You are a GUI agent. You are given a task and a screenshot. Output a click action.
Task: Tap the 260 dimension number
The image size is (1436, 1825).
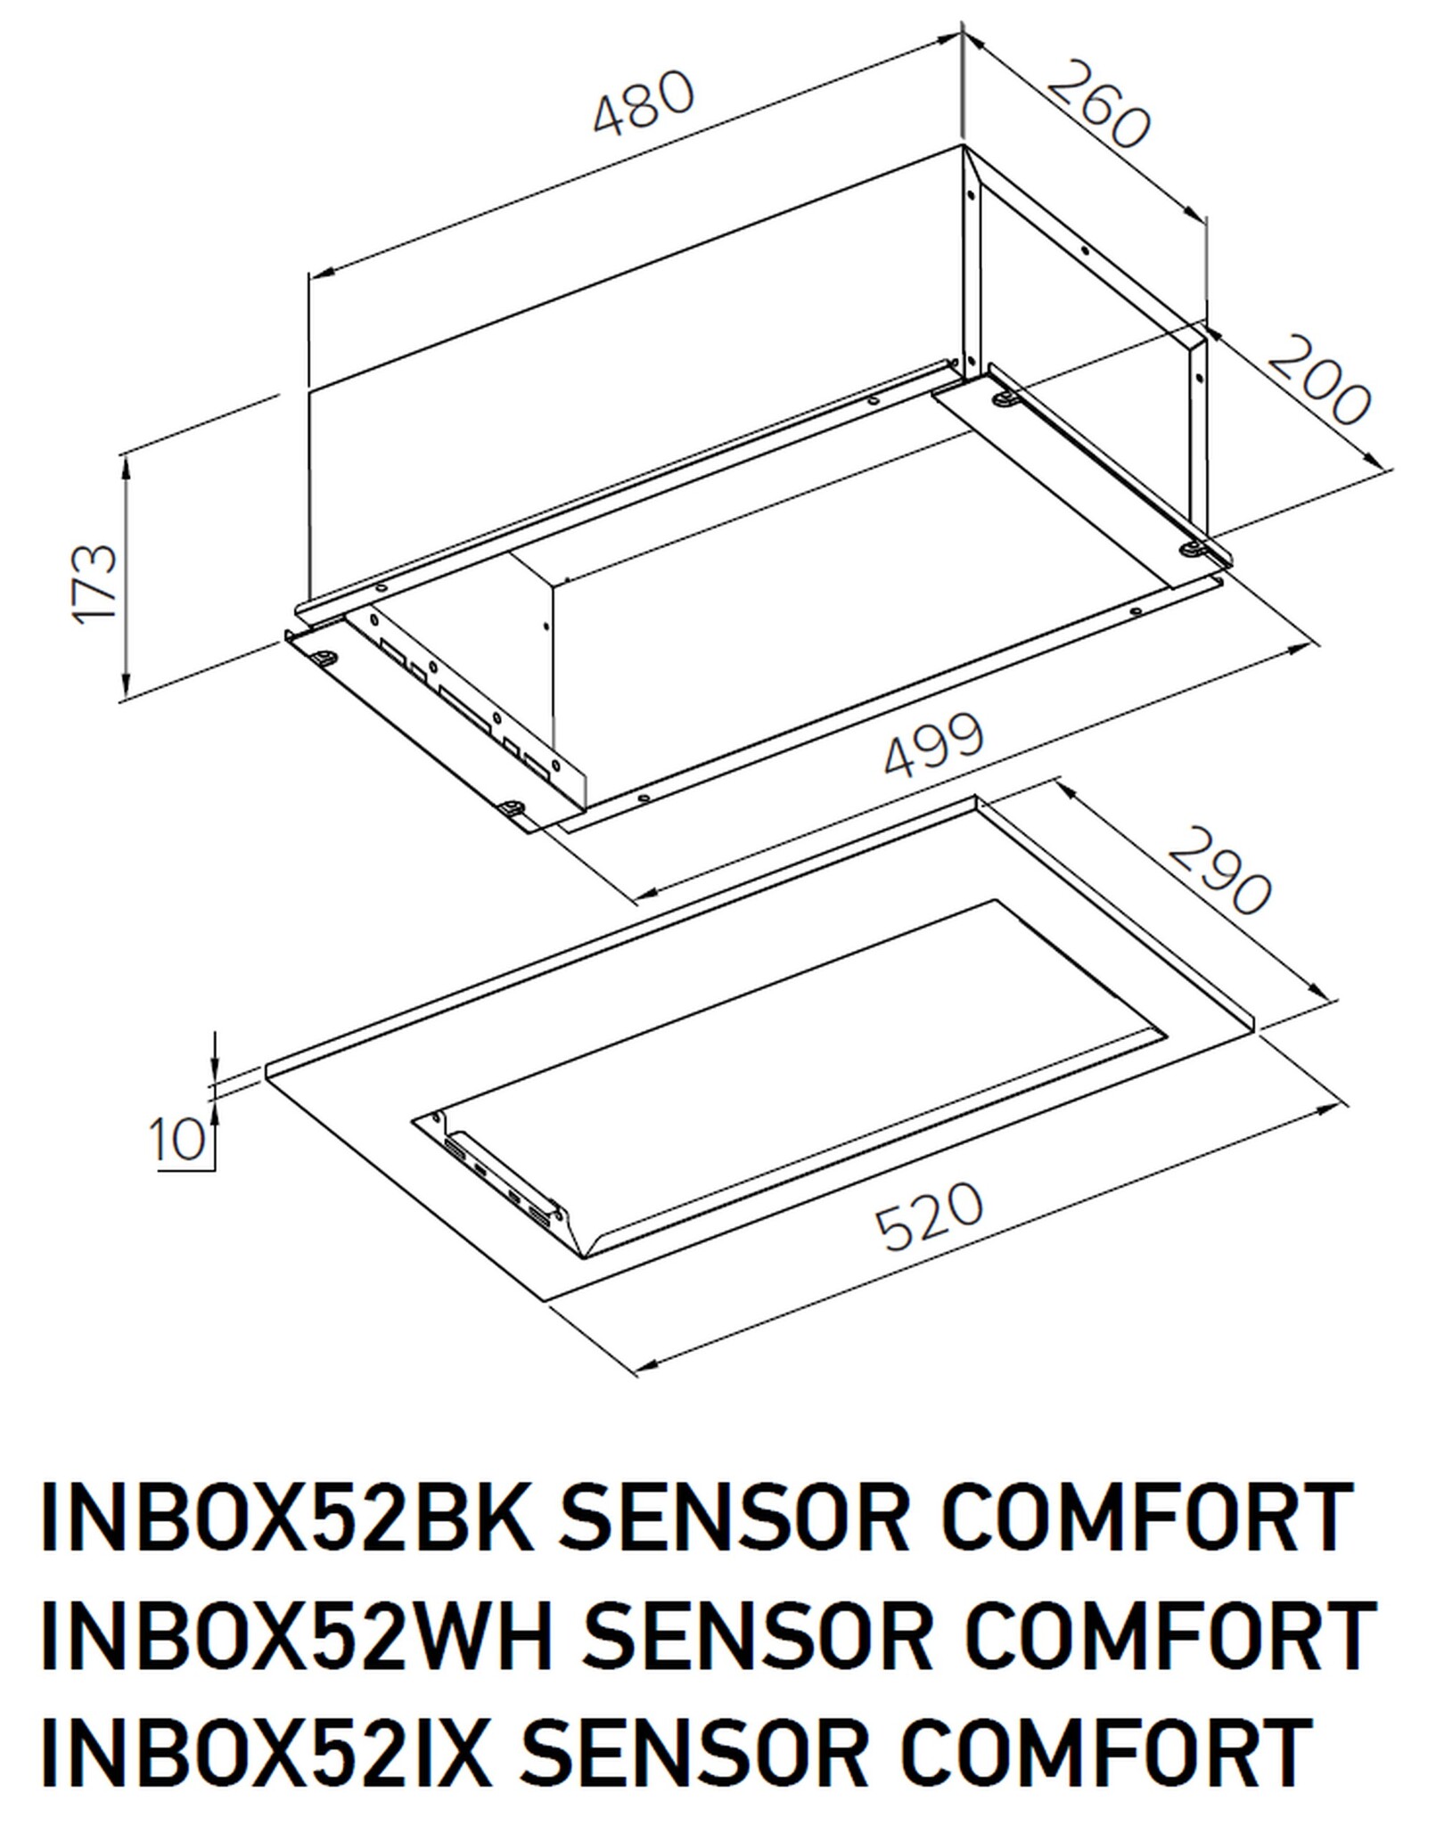point(1098,104)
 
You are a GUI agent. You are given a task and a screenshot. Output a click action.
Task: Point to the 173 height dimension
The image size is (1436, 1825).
point(95,583)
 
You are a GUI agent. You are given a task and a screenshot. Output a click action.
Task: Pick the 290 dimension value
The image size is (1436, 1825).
point(1218,871)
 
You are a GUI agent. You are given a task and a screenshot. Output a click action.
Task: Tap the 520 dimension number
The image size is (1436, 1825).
point(929,1215)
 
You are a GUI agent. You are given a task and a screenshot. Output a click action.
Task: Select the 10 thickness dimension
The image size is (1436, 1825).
point(177,1139)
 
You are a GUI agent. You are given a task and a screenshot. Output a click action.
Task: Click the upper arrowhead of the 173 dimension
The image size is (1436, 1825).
point(127,463)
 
